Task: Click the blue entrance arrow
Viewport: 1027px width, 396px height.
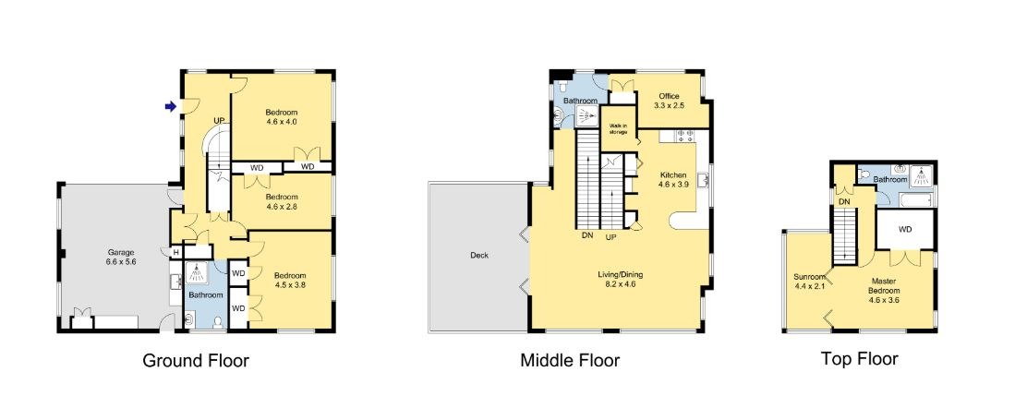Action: (170, 107)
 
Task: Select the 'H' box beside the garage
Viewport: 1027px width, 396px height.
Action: (176, 253)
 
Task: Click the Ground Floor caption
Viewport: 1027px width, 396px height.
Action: (196, 361)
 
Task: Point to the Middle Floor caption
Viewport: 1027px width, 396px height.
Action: (570, 361)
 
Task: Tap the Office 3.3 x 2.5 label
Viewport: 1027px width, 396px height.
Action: (670, 101)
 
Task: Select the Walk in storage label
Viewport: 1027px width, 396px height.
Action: (618, 129)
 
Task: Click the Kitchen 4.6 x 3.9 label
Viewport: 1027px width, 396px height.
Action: (673, 180)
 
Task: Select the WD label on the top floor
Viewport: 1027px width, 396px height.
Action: (905, 230)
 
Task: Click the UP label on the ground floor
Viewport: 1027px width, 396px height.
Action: (219, 121)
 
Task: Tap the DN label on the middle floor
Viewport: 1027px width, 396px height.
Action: (586, 235)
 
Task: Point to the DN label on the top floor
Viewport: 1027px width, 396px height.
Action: (845, 201)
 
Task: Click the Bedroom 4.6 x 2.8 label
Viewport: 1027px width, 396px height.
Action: (282, 201)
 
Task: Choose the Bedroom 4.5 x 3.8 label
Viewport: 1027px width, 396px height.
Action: (290, 280)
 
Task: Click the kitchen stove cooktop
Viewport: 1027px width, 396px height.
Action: (685, 136)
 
